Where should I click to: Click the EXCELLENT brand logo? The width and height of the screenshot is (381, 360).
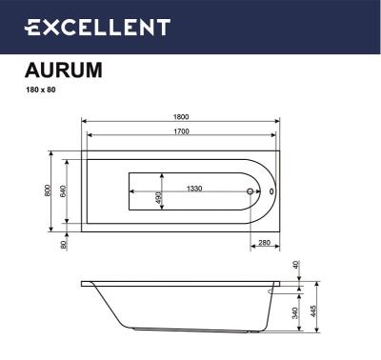click(97, 28)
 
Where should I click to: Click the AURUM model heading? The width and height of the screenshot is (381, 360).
click(62, 70)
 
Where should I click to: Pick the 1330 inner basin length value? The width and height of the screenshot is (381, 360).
click(193, 188)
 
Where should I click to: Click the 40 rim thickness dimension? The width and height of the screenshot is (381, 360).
click(296, 265)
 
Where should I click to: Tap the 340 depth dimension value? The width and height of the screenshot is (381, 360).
click(296, 312)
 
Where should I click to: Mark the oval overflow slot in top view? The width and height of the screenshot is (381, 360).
click(271, 191)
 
